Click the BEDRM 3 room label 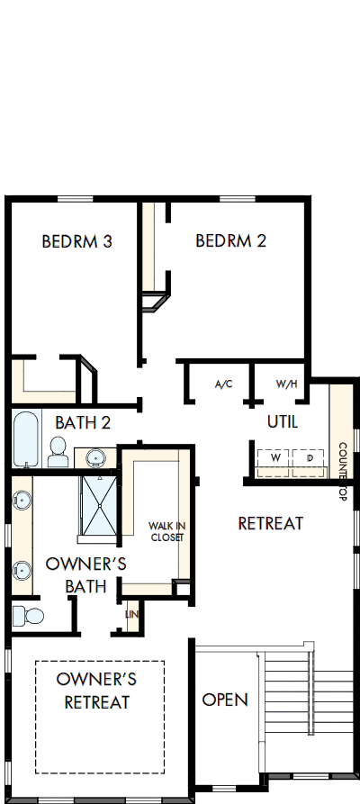[x=76, y=241]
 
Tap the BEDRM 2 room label [x=230, y=240]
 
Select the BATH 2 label [x=82, y=422]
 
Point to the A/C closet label [x=224, y=384]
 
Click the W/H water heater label [x=286, y=384]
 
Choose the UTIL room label [x=282, y=421]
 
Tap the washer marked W [x=275, y=458]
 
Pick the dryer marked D [x=310, y=458]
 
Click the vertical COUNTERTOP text [x=343, y=472]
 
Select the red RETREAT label [x=270, y=523]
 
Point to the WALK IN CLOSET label [x=166, y=531]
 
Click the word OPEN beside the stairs [x=224, y=700]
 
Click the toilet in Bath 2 [x=58, y=452]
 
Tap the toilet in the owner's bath [x=28, y=617]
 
